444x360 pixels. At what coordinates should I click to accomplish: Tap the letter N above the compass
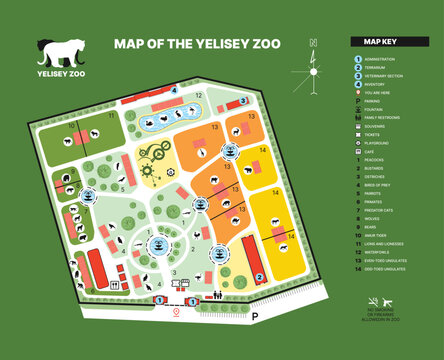[x=313, y=42]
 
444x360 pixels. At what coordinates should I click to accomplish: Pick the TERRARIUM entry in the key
[x=381, y=70]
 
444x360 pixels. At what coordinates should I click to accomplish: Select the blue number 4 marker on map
[x=174, y=88]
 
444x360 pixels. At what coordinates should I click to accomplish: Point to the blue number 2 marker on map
[x=260, y=277]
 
